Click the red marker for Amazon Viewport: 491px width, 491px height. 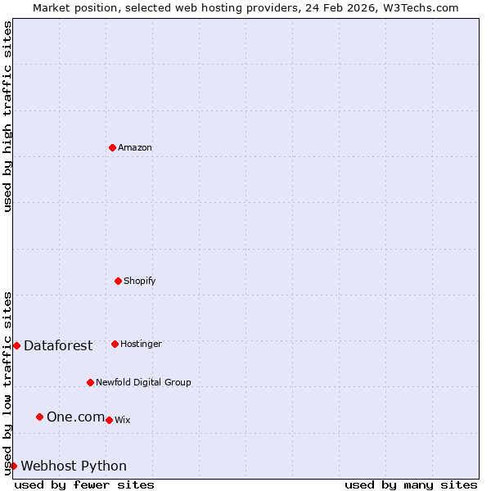(x=112, y=147)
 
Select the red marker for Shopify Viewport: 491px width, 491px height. (x=118, y=281)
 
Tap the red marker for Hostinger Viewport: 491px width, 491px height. (x=115, y=344)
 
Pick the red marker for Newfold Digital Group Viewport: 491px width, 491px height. (x=90, y=382)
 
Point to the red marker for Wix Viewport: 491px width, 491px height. (x=109, y=420)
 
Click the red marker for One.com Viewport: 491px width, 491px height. (x=39, y=417)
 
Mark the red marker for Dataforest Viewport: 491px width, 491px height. (x=16, y=345)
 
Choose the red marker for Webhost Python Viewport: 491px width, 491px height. (x=13, y=466)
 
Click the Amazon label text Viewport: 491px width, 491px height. (x=135, y=147)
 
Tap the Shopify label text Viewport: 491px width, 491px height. (x=139, y=281)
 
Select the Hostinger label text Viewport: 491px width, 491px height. (x=141, y=344)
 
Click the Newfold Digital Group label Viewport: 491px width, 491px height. (x=143, y=382)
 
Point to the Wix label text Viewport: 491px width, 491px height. (x=122, y=420)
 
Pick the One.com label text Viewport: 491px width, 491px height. (x=75, y=417)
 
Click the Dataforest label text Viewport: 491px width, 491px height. (x=58, y=345)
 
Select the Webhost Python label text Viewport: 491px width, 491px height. (x=74, y=466)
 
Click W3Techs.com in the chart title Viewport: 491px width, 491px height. (x=418, y=7)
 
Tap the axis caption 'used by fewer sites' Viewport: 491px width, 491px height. (x=84, y=484)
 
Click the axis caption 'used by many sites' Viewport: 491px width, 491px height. (x=411, y=484)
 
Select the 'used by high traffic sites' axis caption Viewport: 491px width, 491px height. (x=7, y=117)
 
